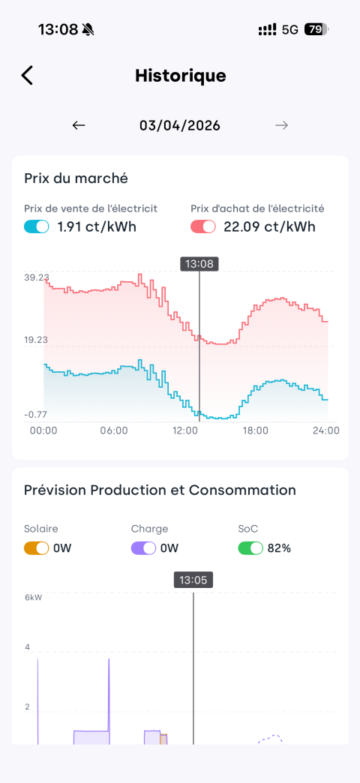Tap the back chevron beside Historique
tap(27, 76)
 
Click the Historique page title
tap(180, 76)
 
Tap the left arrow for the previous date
tap(79, 125)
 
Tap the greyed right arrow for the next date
tap(281, 125)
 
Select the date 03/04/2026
tap(180, 125)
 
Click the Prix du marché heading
tap(76, 178)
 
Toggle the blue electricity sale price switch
tap(37, 226)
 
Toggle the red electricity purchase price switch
tap(203, 226)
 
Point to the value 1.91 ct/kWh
tap(97, 227)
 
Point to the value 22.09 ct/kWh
tap(270, 227)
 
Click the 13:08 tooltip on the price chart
tap(199, 264)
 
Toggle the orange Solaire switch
tap(37, 547)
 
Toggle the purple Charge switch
tap(144, 547)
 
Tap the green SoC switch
tap(250, 547)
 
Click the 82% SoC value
tap(279, 548)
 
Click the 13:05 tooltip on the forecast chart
tap(193, 580)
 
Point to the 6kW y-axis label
tap(34, 597)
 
